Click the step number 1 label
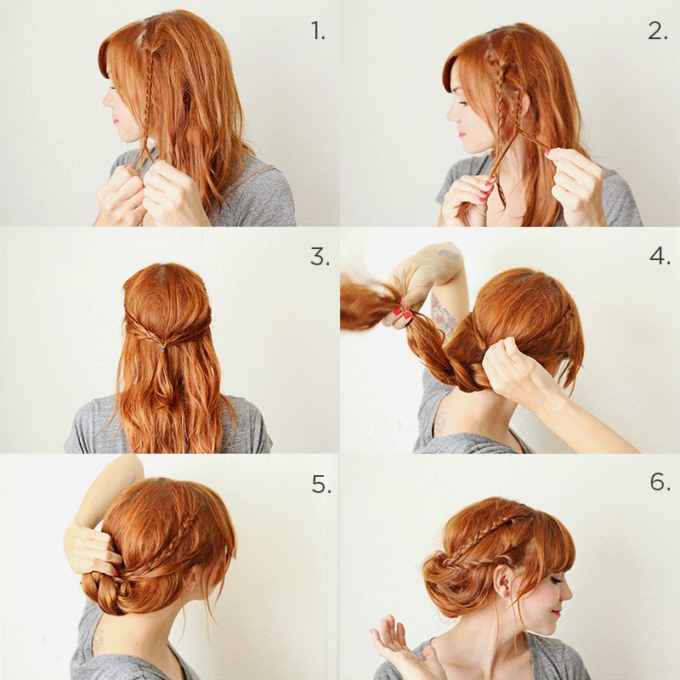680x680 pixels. (318, 31)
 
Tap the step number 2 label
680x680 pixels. (657, 31)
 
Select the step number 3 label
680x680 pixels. (320, 258)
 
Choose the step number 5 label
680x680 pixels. (321, 484)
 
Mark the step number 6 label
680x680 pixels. (660, 481)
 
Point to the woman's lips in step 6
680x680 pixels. (555, 612)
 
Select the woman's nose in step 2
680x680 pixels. (452, 113)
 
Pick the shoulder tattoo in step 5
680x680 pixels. (99, 641)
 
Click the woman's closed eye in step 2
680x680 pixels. (463, 103)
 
